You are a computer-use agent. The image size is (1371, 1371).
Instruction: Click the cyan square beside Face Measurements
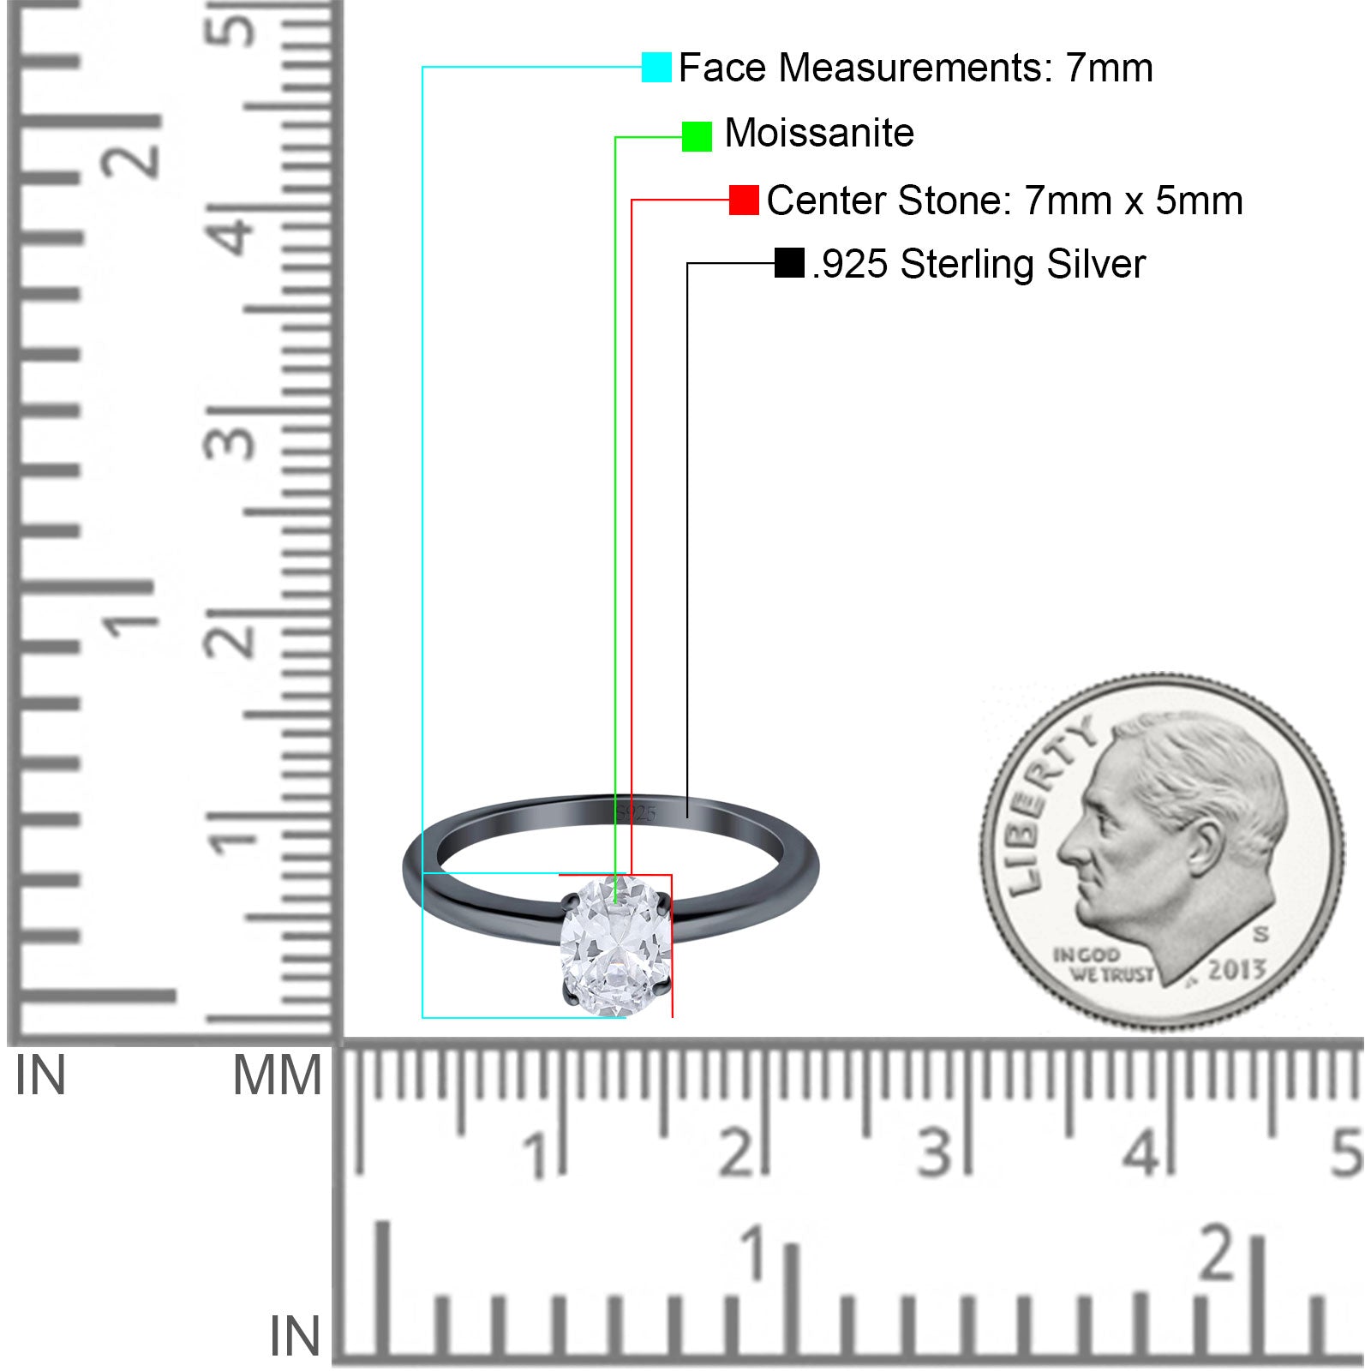point(656,68)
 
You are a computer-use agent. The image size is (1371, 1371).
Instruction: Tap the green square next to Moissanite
point(697,136)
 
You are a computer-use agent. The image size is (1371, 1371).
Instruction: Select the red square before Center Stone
point(744,201)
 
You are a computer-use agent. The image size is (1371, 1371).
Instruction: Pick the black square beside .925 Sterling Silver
point(789,263)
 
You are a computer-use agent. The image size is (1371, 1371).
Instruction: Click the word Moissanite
point(819,134)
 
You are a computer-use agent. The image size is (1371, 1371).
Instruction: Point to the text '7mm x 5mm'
point(1134,201)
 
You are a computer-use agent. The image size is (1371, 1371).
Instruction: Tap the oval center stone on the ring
point(615,944)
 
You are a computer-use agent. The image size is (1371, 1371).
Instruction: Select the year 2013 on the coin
point(1237,970)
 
